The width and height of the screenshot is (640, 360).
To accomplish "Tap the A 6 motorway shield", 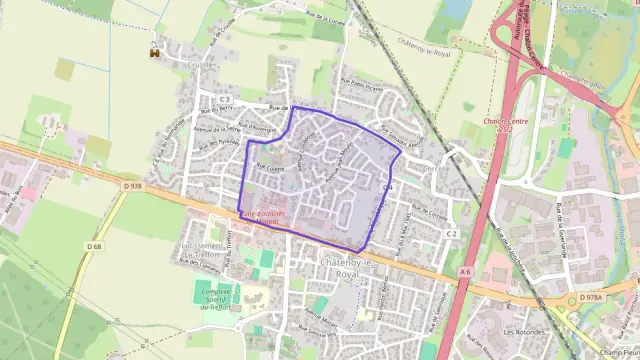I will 464,270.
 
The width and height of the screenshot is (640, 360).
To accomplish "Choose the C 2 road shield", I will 451,234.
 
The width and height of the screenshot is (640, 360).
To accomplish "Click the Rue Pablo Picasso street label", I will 361,87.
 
